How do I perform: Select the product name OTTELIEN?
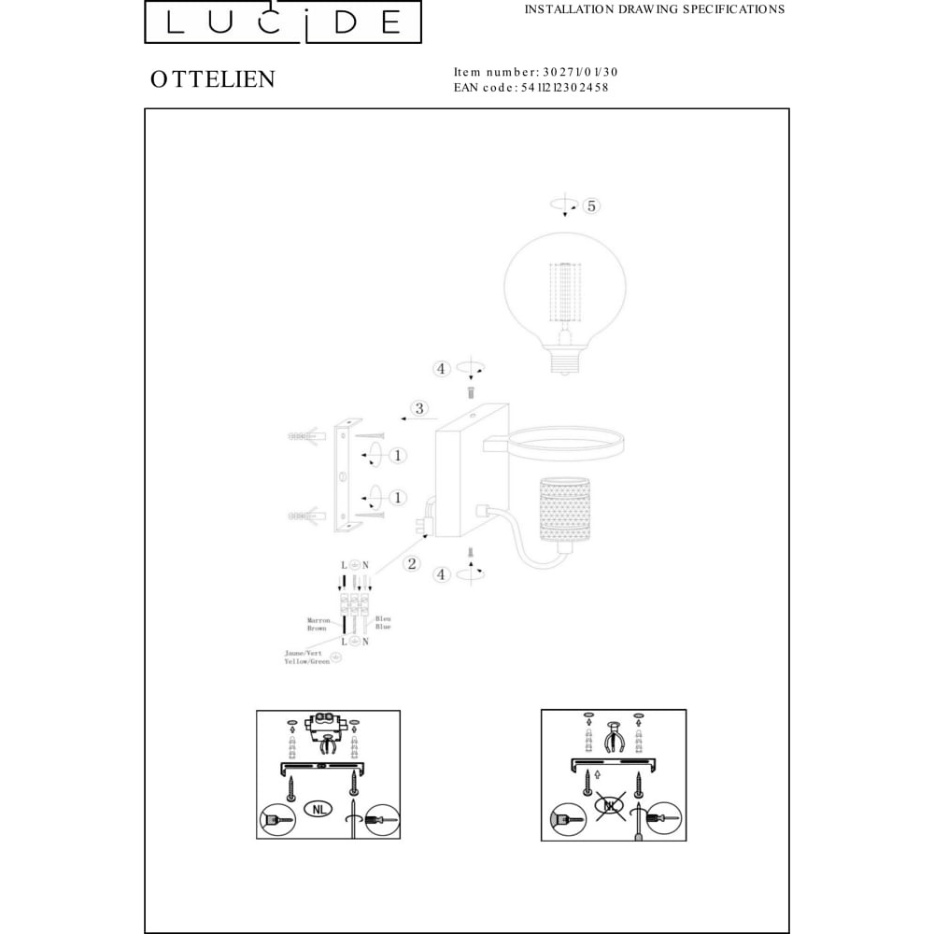[213, 79]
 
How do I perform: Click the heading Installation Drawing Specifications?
[654, 9]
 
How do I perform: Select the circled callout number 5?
[590, 205]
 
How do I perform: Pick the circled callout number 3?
[420, 408]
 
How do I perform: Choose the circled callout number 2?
[410, 563]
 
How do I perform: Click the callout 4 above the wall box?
[442, 369]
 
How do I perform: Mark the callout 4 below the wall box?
[442, 575]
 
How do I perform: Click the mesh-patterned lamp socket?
[562, 515]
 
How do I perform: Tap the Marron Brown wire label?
[318, 625]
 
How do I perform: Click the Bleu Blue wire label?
[382, 623]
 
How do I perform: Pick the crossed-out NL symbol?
[611, 805]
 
